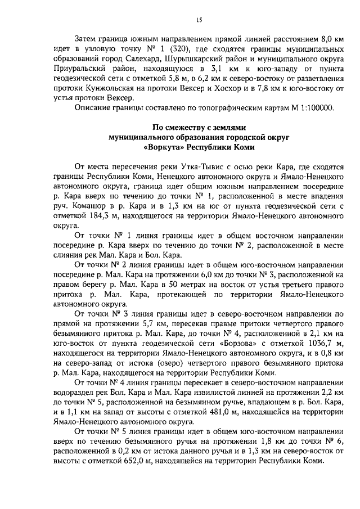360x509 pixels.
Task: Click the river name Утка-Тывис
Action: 202,167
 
